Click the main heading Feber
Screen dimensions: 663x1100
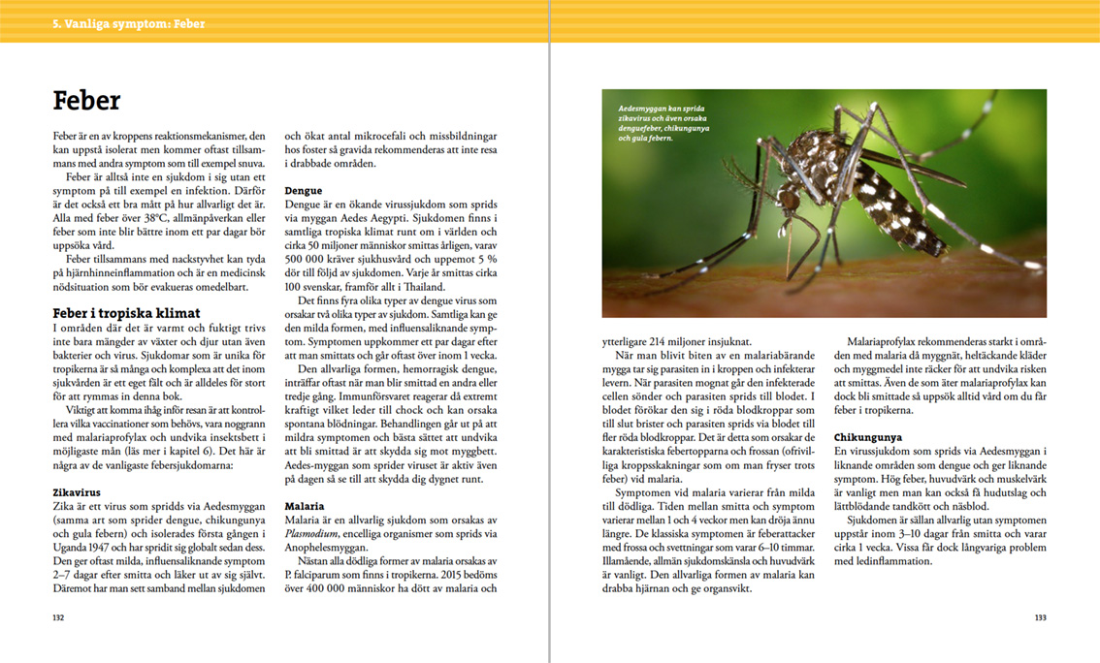coord(86,101)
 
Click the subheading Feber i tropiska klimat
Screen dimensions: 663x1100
coord(126,313)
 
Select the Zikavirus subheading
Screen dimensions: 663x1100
coord(77,492)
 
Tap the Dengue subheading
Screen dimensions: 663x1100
coord(304,191)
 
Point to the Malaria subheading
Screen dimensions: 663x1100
coord(305,506)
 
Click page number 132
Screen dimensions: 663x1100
coord(58,616)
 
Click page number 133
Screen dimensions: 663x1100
coord(1040,616)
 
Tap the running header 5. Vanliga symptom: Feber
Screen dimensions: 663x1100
coord(129,23)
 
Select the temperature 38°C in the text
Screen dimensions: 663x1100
coord(155,219)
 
